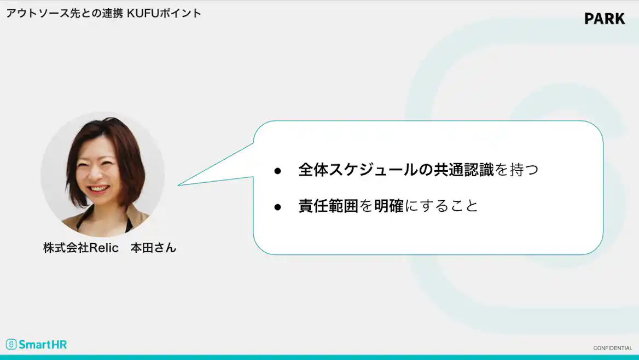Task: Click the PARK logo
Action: [x=605, y=19]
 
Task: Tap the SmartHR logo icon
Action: [x=11, y=344]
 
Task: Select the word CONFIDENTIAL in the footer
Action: [x=613, y=349]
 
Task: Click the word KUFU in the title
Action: [x=142, y=13]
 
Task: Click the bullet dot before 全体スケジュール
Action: [x=277, y=171]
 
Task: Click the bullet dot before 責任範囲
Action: [x=277, y=207]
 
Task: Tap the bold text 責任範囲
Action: [x=328, y=206]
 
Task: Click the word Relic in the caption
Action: [x=104, y=248]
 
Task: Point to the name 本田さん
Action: [x=153, y=248]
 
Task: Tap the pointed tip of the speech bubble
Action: [x=178, y=185]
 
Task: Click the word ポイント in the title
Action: [x=180, y=13]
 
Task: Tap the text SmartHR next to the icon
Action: [x=43, y=345]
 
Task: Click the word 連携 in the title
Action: [x=112, y=13]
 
